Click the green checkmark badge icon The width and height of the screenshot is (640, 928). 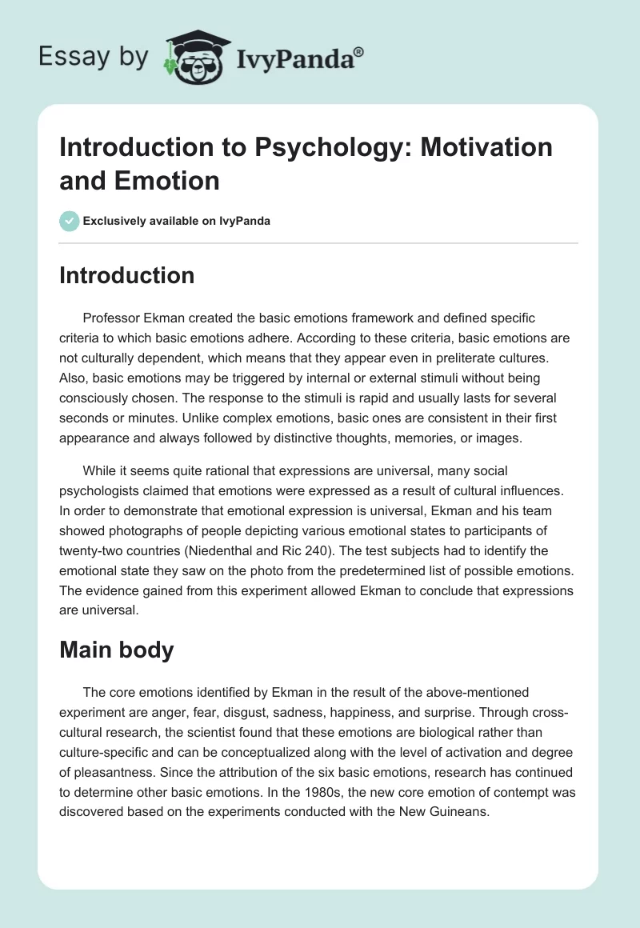coord(70,221)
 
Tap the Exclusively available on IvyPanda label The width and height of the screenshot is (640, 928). coord(176,221)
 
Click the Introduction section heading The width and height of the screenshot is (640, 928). coord(127,275)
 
